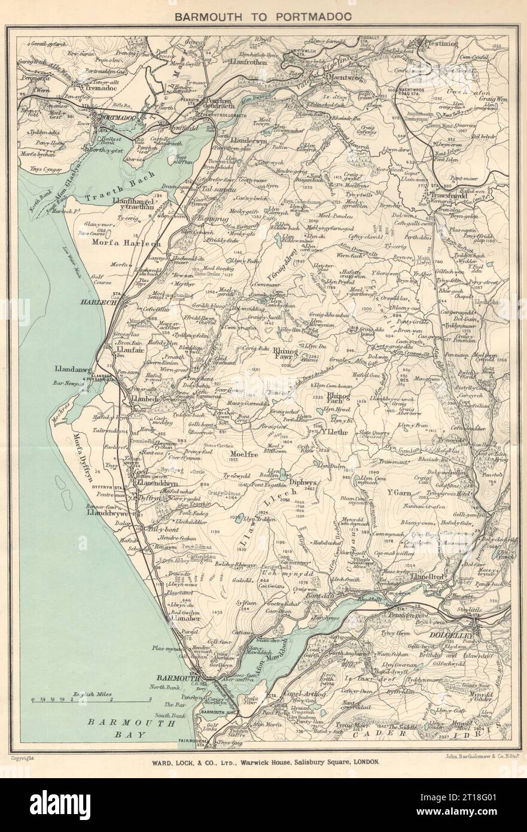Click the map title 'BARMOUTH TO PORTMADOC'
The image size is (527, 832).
tap(263, 18)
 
